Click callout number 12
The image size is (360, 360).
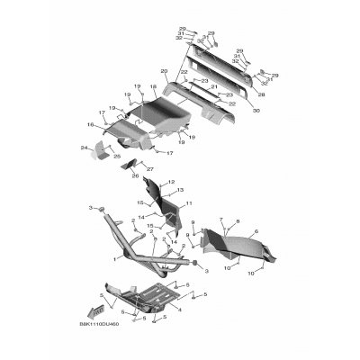tap(170, 182)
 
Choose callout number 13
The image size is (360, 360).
tap(180, 191)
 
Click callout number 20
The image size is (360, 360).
tap(165, 70)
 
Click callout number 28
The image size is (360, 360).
tap(262, 94)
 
